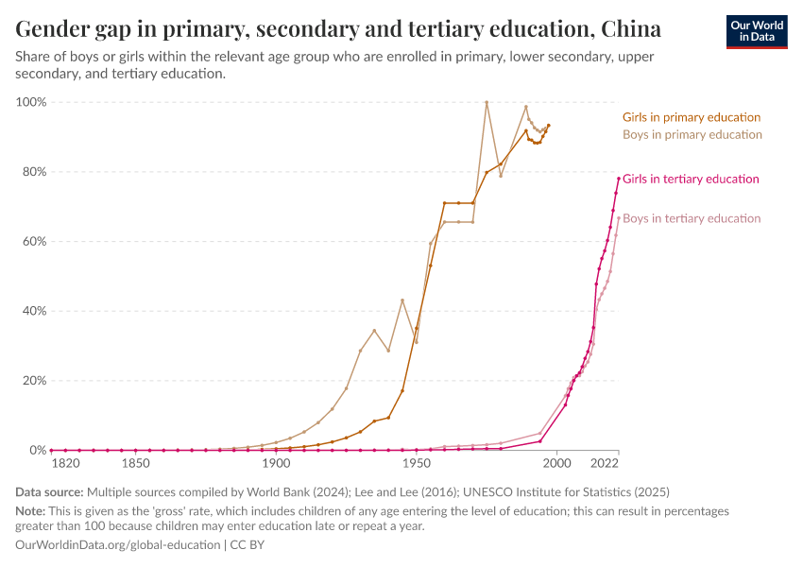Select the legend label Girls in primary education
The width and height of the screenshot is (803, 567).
pos(691,117)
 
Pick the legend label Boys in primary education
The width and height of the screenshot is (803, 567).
pos(692,134)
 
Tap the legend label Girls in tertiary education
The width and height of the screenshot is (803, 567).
pos(691,179)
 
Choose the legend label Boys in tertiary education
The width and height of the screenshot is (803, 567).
pos(692,218)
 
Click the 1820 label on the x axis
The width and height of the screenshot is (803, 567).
pos(64,464)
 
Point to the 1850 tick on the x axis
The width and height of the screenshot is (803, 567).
pos(135,464)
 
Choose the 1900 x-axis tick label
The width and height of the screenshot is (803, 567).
pos(276,464)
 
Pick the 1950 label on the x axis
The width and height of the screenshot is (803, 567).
pos(417,464)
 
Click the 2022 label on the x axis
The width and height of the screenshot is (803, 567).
pos(604,464)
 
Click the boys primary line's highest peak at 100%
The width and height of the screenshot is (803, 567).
pos(487,102)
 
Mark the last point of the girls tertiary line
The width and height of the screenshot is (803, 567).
pos(619,179)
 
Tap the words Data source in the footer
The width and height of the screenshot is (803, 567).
pos(48,492)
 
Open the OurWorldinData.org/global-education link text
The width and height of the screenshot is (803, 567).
pos(117,545)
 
